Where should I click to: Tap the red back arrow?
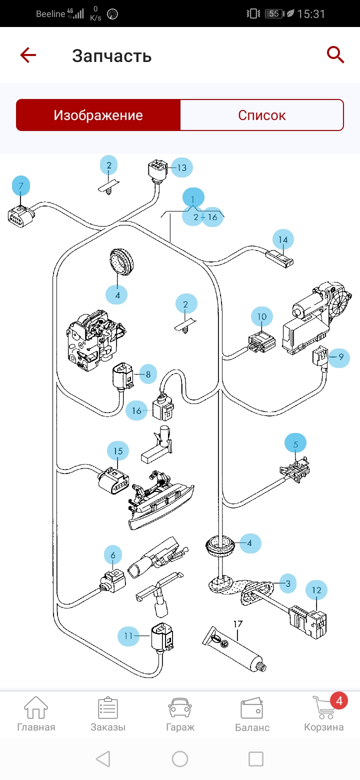coord(28,55)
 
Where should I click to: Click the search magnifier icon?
coord(335,54)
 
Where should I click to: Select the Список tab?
coord(261,115)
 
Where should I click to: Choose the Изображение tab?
coord(98,115)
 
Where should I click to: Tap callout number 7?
coord(21,186)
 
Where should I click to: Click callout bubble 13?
coord(181,167)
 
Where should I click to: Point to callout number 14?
coord(283,240)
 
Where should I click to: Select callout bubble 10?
coord(262,316)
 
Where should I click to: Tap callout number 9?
coord(340,357)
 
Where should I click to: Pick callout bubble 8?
coord(148,373)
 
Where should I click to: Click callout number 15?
coord(118,451)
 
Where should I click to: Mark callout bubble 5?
coord(295,443)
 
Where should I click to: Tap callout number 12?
coord(316,590)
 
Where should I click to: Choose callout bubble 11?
coord(128,636)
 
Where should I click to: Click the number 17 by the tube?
coord(237,624)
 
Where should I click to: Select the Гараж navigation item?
coord(180,713)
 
